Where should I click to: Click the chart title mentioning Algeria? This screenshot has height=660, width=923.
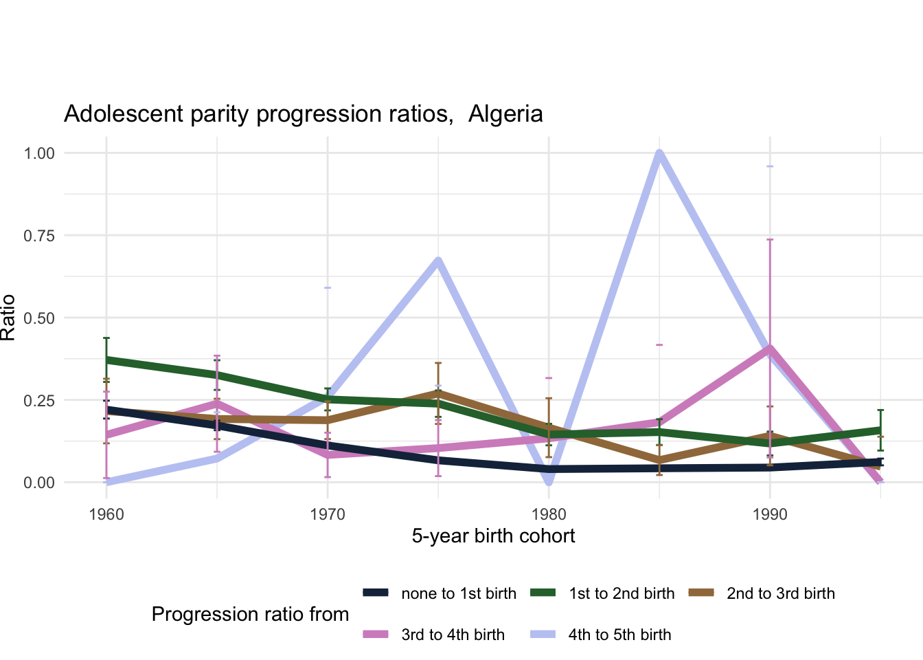(x=303, y=114)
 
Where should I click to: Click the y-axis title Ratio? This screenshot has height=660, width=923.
(x=8, y=318)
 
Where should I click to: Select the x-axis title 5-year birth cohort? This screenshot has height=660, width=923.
(x=493, y=536)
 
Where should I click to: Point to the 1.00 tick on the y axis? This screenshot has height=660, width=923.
(x=39, y=153)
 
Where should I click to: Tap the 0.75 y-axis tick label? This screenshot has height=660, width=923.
(x=39, y=236)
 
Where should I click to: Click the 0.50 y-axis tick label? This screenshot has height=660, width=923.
(x=39, y=318)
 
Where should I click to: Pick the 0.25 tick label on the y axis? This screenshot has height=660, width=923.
(x=39, y=400)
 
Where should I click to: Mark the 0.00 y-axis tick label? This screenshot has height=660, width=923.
(x=39, y=483)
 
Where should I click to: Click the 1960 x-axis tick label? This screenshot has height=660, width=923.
(x=106, y=514)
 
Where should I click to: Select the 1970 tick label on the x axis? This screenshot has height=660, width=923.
(x=328, y=514)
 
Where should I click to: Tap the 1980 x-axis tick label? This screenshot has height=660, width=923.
(x=549, y=514)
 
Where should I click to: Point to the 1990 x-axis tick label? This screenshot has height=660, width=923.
(x=770, y=514)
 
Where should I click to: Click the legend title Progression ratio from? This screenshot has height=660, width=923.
(x=250, y=615)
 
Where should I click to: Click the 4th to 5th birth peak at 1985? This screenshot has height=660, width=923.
(x=659, y=153)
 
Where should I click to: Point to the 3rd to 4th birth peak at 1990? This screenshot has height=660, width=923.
(x=770, y=349)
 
